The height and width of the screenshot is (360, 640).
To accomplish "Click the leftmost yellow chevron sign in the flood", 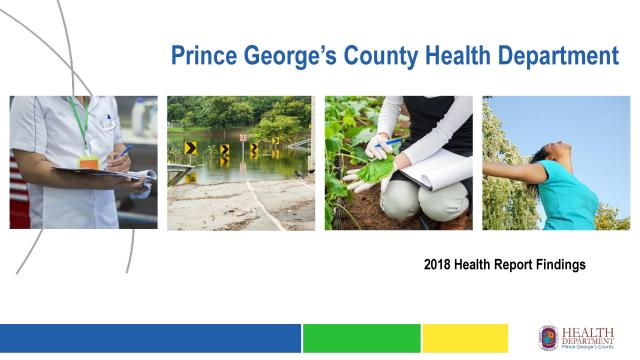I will pyautogui.click(x=190, y=149).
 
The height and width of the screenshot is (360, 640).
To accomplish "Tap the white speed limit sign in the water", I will pyautogui.click(x=242, y=138).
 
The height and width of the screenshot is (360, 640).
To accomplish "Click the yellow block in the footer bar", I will pyautogui.click(x=465, y=338).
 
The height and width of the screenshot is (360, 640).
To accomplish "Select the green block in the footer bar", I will pyautogui.click(x=361, y=338).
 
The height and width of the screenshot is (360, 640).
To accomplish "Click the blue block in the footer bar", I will pyautogui.click(x=150, y=338).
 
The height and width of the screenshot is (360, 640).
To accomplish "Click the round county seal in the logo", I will pyautogui.click(x=549, y=337).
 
